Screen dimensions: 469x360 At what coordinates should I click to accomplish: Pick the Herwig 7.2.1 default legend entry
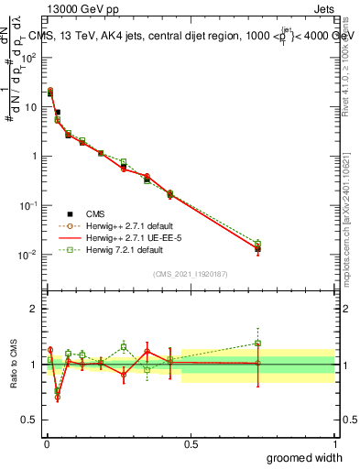[119, 248]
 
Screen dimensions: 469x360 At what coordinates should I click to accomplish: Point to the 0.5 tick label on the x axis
[191, 442]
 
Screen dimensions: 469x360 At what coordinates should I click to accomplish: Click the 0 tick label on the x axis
[46, 442]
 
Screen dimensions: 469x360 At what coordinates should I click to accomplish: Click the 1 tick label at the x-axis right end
[334, 442]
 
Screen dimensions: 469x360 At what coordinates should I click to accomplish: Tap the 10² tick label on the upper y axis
[27, 57]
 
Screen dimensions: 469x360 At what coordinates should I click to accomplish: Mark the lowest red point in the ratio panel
[57, 398]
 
